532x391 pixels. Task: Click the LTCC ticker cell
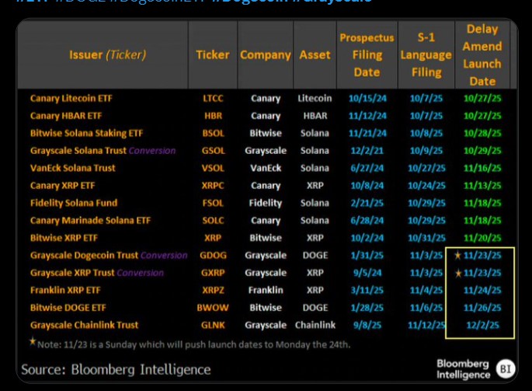click(212, 98)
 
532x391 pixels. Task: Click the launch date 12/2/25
click(482, 325)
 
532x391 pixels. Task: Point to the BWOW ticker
click(212, 308)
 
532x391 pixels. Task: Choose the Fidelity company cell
click(266, 203)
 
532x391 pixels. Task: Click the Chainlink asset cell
click(315, 325)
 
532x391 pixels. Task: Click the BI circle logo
click(506, 368)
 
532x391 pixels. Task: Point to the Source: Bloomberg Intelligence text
click(116, 369)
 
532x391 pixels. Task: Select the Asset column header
click(315, 55)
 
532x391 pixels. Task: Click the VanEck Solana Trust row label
click(72, 168)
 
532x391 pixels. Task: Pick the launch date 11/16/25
click(482, 168)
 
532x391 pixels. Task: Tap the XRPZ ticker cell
click(212, 290)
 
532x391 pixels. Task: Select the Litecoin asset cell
click(315, 98)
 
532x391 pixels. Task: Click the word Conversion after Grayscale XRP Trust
click(141, 273)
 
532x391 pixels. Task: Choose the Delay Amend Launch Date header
click(482, 54)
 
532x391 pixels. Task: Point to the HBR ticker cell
click(212, 116)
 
